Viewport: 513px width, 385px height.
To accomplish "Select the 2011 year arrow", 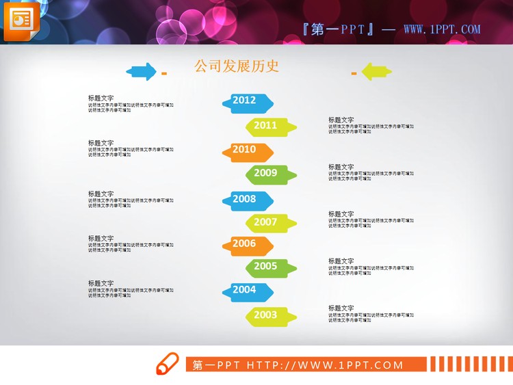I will (271, 126).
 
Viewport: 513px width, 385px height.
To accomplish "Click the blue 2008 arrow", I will (247, 200).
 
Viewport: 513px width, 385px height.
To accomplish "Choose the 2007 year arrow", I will (271, 223).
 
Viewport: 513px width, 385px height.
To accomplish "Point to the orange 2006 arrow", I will (247, 245).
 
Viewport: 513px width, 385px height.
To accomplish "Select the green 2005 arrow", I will (271, 267).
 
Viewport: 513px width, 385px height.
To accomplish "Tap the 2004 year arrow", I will (247, 291).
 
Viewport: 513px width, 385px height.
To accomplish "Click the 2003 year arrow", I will (271, 315).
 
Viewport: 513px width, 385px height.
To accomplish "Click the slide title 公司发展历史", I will (237, 66).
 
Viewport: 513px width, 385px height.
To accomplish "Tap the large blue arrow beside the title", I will (141, 70).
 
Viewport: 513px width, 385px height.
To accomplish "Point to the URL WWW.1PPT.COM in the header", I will (442, 29).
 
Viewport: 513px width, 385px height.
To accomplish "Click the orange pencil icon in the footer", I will (167, 364).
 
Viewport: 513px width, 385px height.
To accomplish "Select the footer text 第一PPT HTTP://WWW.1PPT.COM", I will (298, 364).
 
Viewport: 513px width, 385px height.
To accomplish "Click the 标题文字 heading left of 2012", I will (101, 98).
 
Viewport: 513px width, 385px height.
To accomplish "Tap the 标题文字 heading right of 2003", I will (341, 308).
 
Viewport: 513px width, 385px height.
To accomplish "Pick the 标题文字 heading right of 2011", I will (341, 120).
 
